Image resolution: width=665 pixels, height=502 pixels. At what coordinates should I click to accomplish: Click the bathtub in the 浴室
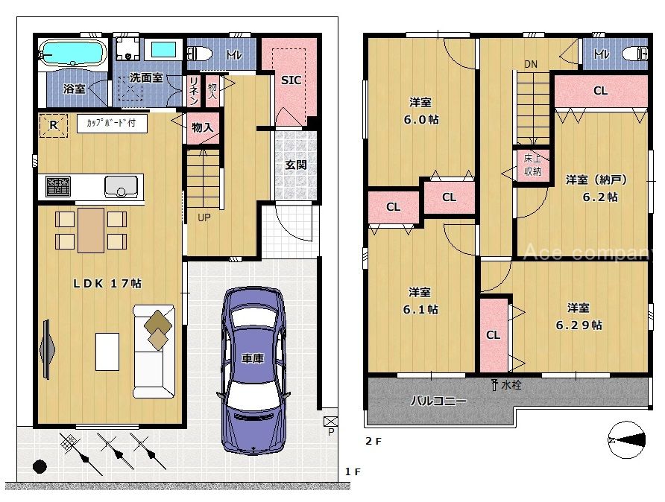point(72,53)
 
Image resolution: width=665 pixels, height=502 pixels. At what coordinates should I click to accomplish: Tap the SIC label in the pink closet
point(291,80)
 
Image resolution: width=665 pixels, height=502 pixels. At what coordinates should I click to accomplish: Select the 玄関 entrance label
point(296,165)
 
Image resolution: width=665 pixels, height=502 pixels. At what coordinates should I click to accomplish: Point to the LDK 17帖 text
point(107,284)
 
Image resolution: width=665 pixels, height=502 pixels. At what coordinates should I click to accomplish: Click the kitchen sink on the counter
point(122,187)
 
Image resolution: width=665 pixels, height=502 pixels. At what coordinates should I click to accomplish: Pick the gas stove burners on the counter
point(58,186)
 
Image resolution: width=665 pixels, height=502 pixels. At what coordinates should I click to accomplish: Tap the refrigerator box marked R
point(54,125)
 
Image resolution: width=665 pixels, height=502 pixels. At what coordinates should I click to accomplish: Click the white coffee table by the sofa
point(107,352)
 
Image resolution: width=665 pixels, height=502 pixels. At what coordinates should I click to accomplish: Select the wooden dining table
point(91,230)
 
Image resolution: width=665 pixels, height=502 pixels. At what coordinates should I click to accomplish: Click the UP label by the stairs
point(204,217)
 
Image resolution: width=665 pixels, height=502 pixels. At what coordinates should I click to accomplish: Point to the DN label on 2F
point(531,64)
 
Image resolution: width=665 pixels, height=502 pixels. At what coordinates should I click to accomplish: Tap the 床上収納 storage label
point(532,165)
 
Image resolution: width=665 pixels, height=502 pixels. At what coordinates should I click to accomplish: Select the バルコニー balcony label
point(438,400)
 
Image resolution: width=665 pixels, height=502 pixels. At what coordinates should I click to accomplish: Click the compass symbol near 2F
point(626,440)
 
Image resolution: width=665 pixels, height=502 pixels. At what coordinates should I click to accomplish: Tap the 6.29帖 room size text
point(579,325)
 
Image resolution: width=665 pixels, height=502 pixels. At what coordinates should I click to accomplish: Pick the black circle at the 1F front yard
point(40,466)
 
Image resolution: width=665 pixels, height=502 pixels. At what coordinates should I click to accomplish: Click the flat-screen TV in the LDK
point(47,349)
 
